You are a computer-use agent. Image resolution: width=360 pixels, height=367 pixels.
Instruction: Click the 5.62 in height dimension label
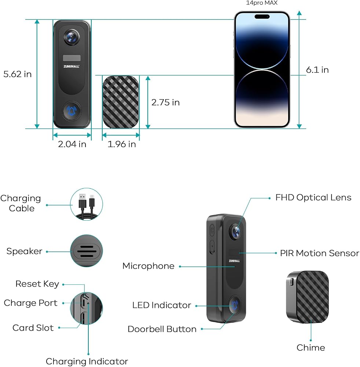[18, 74]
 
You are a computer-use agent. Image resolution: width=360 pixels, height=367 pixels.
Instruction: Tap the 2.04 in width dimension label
[72, 144]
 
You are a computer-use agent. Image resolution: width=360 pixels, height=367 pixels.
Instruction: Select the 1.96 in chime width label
[122, 144]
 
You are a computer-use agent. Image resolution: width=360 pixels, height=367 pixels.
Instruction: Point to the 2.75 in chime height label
[165, 102]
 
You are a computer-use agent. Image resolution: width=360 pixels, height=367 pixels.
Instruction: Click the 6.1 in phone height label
[317, 70]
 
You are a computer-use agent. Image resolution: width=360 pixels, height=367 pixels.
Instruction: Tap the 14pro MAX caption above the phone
[262, 3]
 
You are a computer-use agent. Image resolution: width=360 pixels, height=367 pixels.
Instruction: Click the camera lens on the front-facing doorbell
[71, 37]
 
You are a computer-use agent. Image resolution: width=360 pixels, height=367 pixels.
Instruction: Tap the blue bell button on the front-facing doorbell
[71, 111]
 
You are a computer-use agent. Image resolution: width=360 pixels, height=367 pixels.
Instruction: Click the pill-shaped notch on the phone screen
[262, 17]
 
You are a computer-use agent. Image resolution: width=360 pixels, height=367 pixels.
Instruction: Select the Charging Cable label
[21, 203]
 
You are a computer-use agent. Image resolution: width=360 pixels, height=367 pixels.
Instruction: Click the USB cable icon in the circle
[87, 204]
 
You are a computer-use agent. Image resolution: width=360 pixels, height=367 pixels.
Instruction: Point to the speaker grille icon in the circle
[87, 251]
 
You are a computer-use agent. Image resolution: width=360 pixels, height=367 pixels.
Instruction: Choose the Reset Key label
[37, 284]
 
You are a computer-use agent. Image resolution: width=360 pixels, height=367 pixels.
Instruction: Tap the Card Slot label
[33, 328]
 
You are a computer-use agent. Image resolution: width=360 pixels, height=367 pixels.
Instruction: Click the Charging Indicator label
[87, 361]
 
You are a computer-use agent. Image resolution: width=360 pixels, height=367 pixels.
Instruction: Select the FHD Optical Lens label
[313, 197]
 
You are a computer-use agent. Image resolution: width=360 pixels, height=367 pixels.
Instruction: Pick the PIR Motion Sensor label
[320, 253]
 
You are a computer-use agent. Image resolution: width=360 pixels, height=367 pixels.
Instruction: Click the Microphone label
[148, 266]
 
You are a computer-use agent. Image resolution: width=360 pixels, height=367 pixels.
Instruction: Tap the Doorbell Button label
[162, 329]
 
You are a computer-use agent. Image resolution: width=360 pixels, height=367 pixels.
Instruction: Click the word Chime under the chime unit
[311, 348]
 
